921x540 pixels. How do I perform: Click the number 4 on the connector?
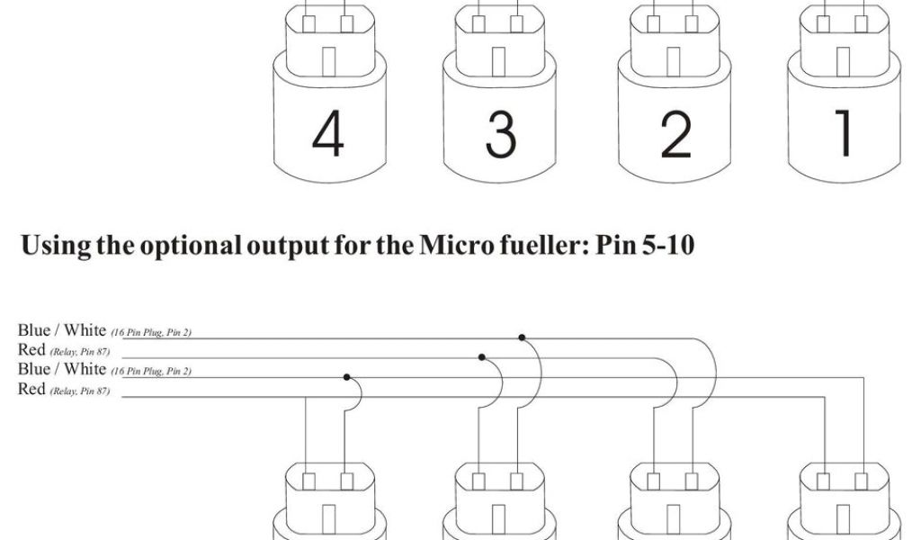pos(328,136)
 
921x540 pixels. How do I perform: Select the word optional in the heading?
pos(187,246)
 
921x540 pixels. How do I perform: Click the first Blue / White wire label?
pos(62,331)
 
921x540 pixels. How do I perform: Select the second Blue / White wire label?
pos(62,369)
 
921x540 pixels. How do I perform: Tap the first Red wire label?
pos(31,350)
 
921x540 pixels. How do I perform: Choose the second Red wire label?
pos(31,389)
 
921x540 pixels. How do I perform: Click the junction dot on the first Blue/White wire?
pos(522,337)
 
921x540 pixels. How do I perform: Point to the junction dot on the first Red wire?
pos(482,357)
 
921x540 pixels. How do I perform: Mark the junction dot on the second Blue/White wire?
pos(345,376)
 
